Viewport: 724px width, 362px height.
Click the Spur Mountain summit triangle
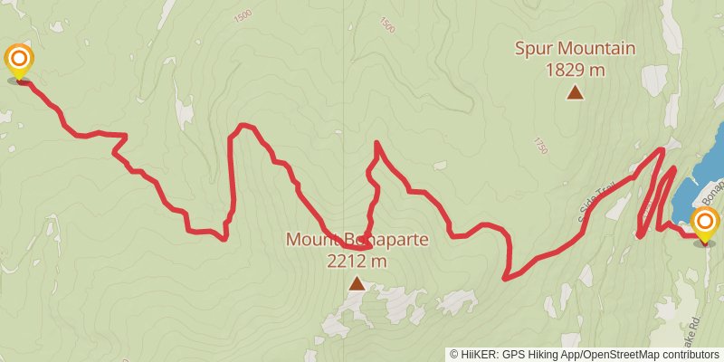pos(575,91)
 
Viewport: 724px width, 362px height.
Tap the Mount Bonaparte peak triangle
pos(357,284)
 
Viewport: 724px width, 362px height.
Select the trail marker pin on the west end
pos(18,62)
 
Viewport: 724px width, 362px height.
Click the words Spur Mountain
pos(575,49)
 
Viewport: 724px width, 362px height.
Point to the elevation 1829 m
pos(575,69)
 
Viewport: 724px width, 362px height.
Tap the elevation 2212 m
pos(357,262)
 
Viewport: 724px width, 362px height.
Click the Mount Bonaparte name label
pos(357,241)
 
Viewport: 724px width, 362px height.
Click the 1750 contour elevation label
pos(540,146)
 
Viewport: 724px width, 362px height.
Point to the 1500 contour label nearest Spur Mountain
pos(387,25)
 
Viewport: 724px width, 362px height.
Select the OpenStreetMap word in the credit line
pos(620,354)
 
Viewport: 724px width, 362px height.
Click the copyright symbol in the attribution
pos(454,354)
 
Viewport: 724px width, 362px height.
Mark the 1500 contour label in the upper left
pos(242,16)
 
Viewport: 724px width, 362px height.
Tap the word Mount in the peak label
pos(308,241)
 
